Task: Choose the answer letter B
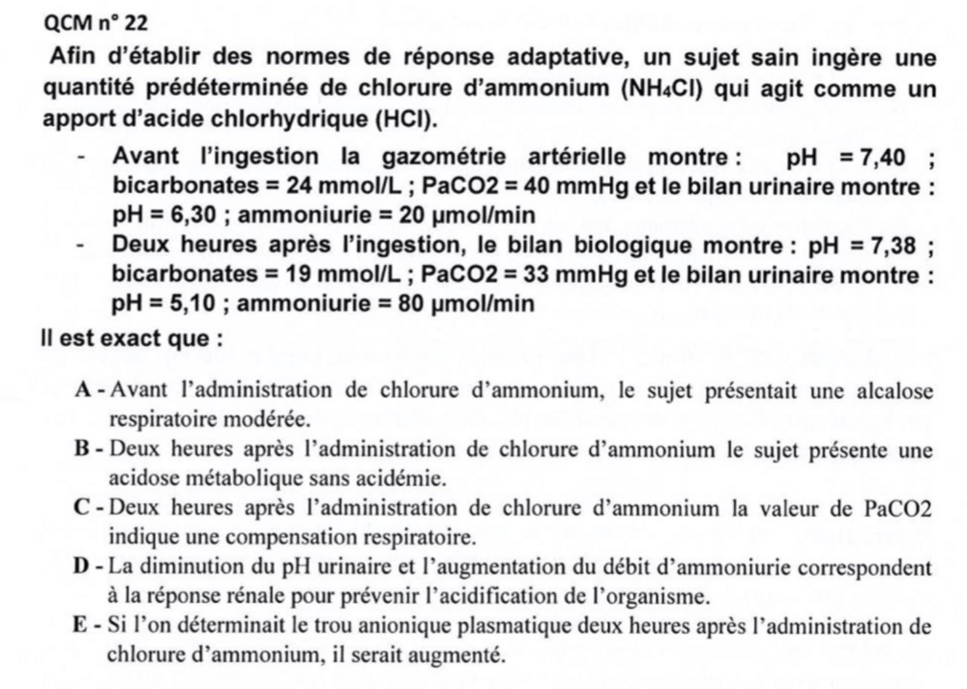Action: coord(83,450)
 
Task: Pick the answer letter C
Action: coord(83,509)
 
